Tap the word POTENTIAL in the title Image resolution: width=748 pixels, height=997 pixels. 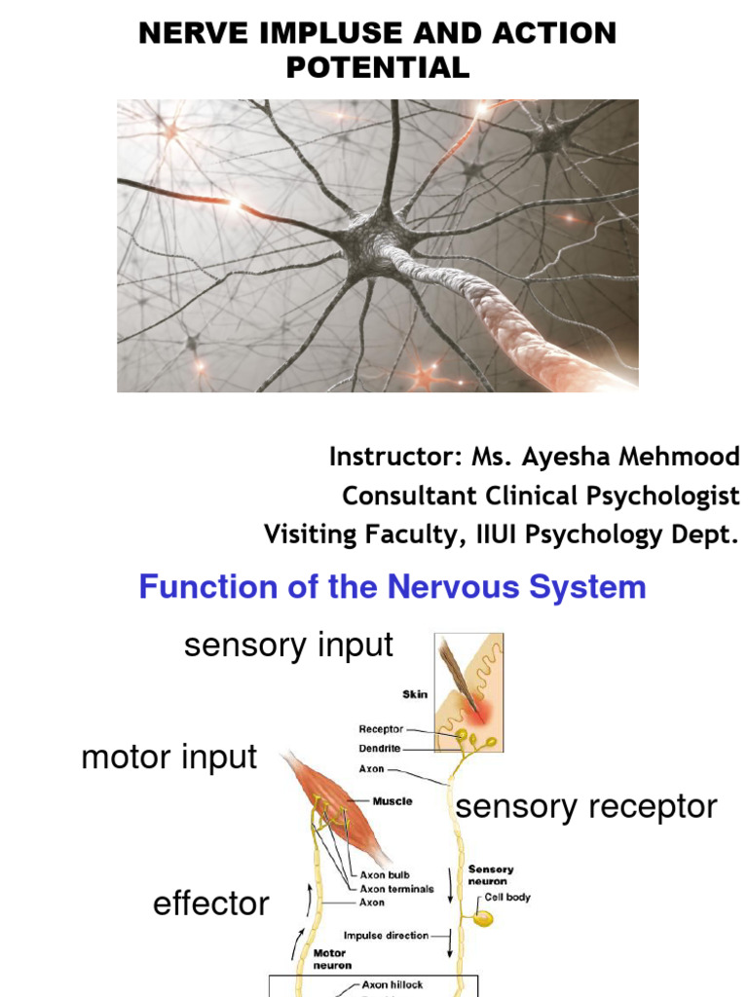click(377, 67)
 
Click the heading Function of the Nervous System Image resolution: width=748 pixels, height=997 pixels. click(393, 587)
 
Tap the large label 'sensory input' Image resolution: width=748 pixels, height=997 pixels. click(288, 645)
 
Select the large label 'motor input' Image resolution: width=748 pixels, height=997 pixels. click(169, 757)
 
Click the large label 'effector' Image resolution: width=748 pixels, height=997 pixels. click(210, 904)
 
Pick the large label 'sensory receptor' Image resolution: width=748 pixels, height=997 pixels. click(586, 806)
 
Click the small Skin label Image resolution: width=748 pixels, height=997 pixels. click(415, 695)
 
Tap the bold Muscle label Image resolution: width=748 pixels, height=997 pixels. click(392, 801)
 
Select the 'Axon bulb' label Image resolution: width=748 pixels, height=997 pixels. click(385, 875)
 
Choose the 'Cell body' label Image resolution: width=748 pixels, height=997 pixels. click(507, 897)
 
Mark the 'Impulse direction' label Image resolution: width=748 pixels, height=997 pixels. click(386, 936)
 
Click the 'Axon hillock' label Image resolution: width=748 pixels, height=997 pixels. click(394, 984)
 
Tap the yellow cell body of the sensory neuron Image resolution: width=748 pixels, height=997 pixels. click(483, 917)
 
